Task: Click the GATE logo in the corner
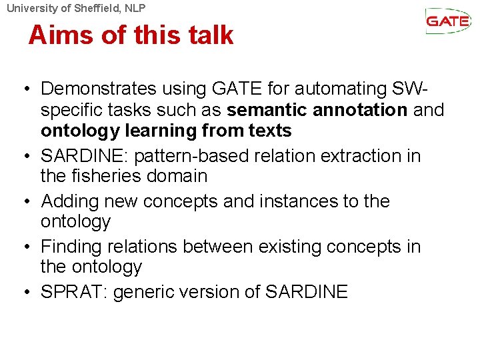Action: click(448, 21)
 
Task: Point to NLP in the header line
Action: click(133, 8)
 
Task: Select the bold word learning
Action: click(157, 130)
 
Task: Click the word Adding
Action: click(71, 201)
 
